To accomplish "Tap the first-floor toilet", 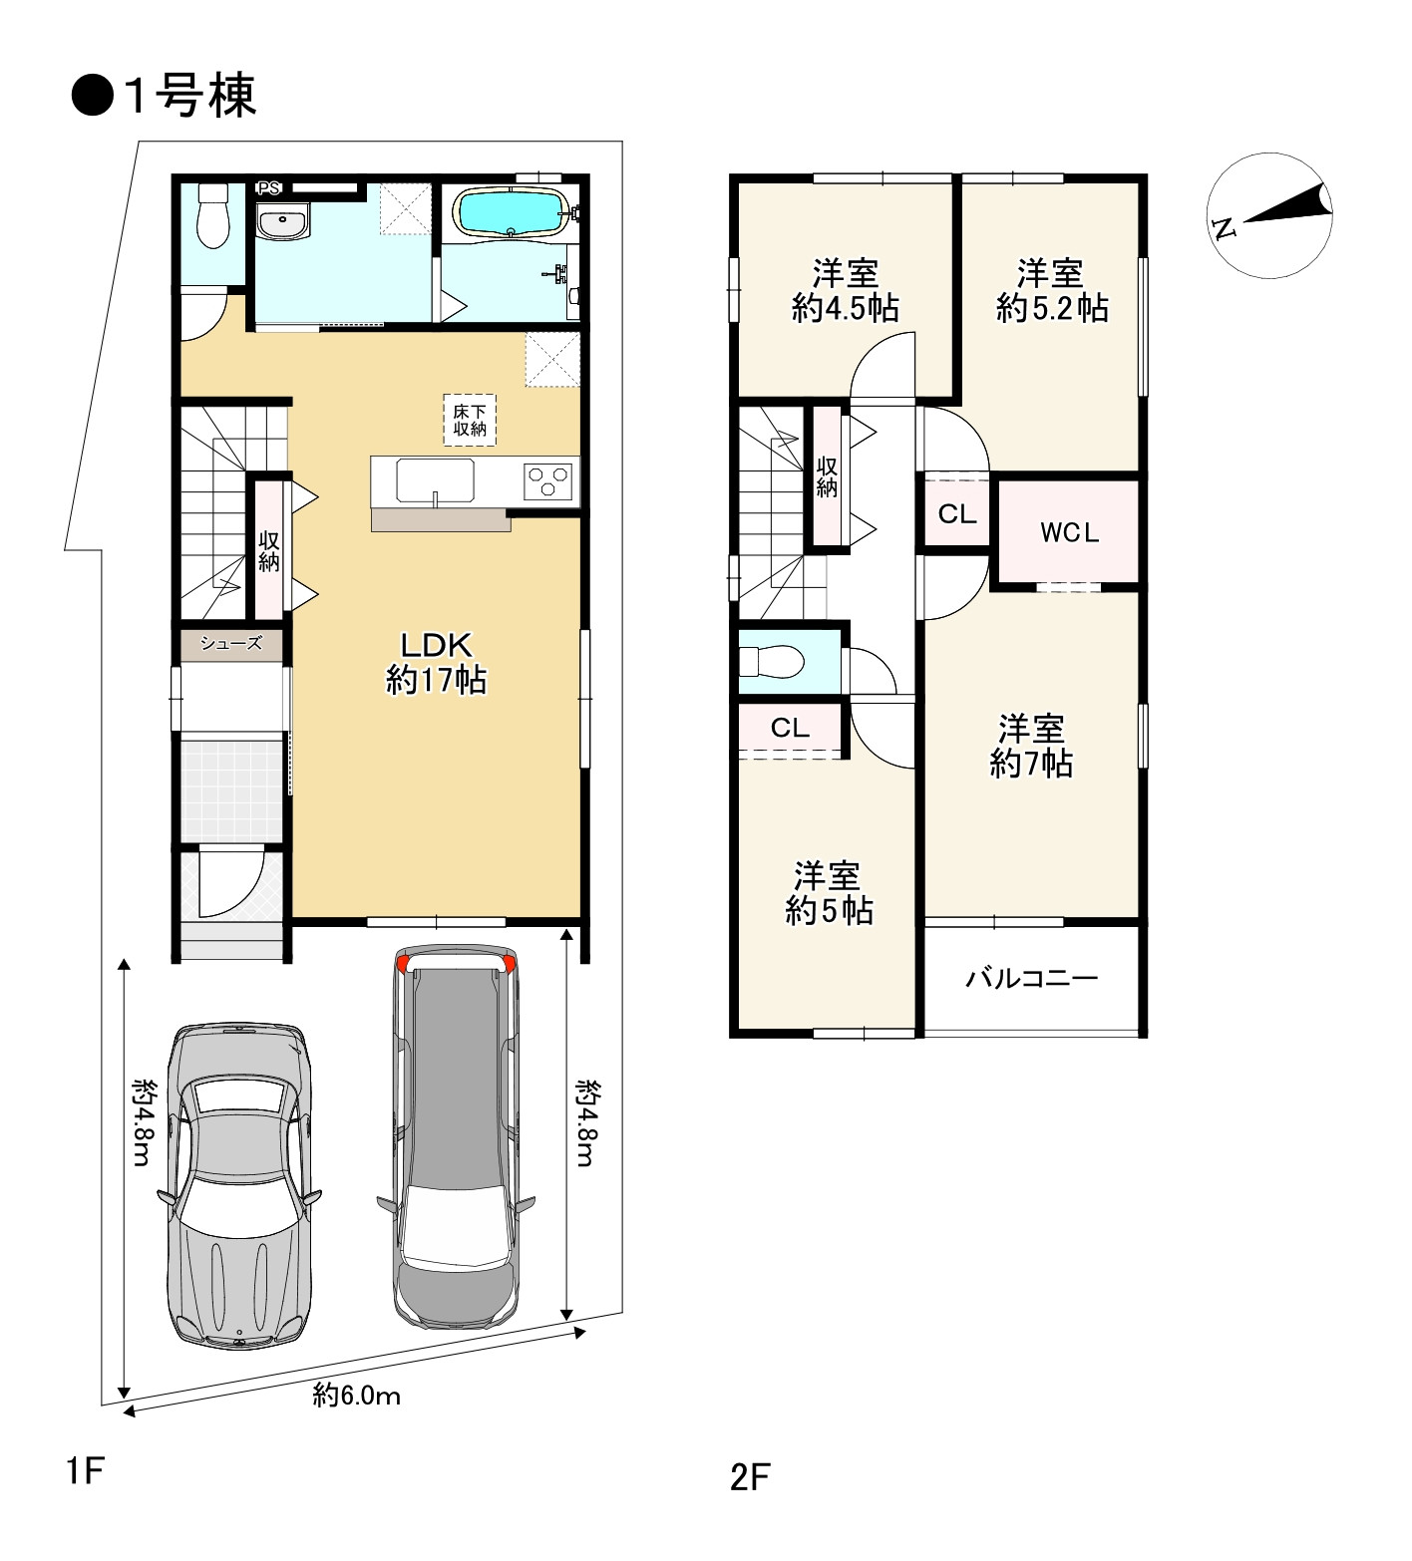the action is coord(213,217).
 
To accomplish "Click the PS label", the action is coord(268,188).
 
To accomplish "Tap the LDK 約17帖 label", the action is coord(436,662).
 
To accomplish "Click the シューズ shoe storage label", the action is coord(231,644).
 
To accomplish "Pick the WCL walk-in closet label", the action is coord(1069,533).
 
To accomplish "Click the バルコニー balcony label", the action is coord(1031,978).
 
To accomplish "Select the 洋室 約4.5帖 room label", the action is coord(846,290).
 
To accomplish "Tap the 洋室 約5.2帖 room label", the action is coord(1052,290).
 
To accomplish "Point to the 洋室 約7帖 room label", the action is coord(1031,746).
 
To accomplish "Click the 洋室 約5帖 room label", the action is coord(829,893).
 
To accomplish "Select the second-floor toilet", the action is coord(772,660).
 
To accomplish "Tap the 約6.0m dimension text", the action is coord(357,1396).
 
